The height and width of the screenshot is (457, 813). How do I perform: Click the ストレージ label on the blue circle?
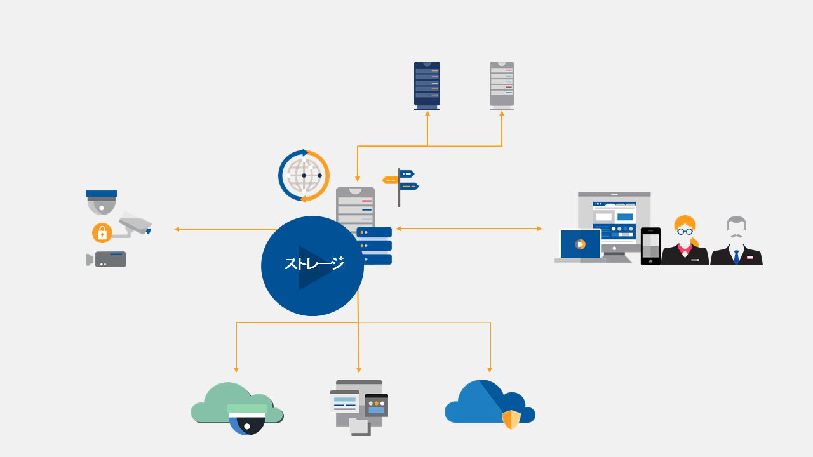(314, 263)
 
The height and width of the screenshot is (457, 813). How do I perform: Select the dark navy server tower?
(427, 85)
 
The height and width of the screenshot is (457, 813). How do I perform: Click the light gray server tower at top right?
(502, 85)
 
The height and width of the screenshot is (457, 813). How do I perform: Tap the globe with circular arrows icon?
(304, 176)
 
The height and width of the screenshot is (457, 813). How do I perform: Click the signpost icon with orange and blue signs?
(400, 184)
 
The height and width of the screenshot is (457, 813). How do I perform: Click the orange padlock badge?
(102, 233)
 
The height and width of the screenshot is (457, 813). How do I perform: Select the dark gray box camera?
(108, 259)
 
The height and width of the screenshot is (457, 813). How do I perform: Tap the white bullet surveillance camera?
(135, 223)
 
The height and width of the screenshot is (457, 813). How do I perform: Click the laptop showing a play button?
(579, 245)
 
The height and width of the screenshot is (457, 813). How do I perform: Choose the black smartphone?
(650, 246)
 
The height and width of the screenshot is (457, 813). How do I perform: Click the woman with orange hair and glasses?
(685, 241)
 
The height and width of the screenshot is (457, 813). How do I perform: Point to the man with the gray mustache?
(736, 241)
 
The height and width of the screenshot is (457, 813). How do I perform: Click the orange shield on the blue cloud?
(511, 420)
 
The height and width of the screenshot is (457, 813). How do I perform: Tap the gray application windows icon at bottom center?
(359, 406)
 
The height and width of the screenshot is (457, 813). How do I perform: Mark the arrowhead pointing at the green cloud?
(236, 369)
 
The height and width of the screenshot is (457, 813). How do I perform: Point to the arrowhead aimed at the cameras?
(177, 229)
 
